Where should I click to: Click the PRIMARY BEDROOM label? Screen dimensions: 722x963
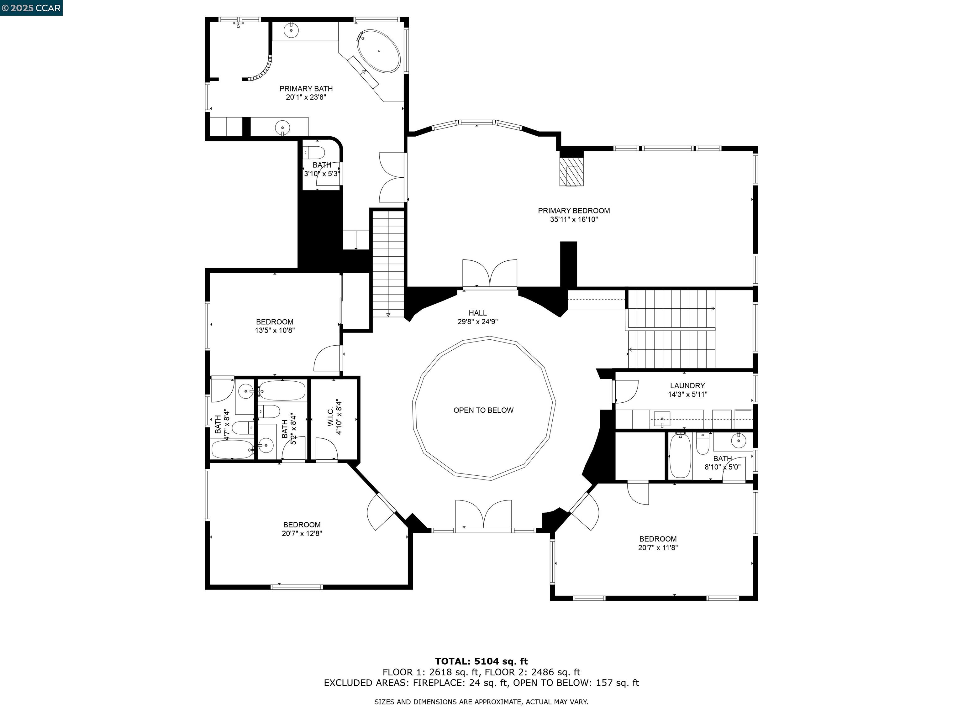pos(573,211)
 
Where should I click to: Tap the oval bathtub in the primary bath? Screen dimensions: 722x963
pos(378,51)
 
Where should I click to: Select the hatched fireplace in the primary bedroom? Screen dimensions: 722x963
pos(571,171)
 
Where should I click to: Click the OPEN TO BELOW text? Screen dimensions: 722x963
pos(483,410)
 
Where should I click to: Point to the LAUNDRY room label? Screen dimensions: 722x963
pos(687,385)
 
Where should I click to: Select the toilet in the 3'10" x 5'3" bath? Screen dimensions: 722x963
pos(315,153)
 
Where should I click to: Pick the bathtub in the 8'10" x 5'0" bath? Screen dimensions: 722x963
pos(680,456)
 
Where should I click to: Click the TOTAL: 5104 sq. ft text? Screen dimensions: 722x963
pos(481,662)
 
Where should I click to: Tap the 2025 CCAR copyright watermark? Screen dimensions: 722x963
pos(31,8)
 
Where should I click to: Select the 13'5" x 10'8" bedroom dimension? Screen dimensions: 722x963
pos(275,330)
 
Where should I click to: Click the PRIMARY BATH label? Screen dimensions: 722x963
pos(306,89)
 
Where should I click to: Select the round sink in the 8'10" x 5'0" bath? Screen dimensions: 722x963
pos(738,440)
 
